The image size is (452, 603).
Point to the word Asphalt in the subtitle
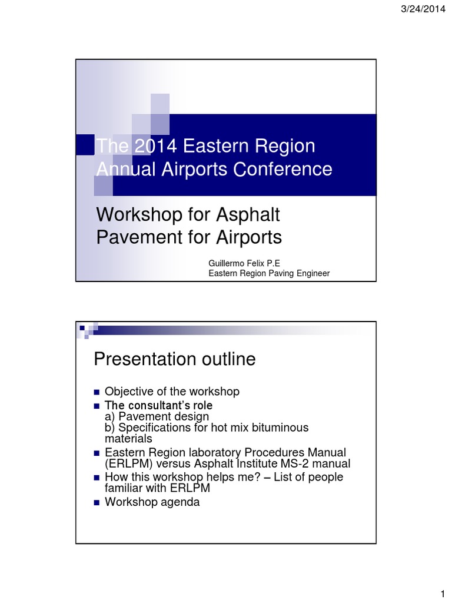click(248, 215)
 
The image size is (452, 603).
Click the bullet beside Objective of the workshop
click(97, 392)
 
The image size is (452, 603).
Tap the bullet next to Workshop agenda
click(97, 503)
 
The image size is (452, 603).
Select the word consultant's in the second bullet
click(157, 406)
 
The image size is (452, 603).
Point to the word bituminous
click(278, 428)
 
